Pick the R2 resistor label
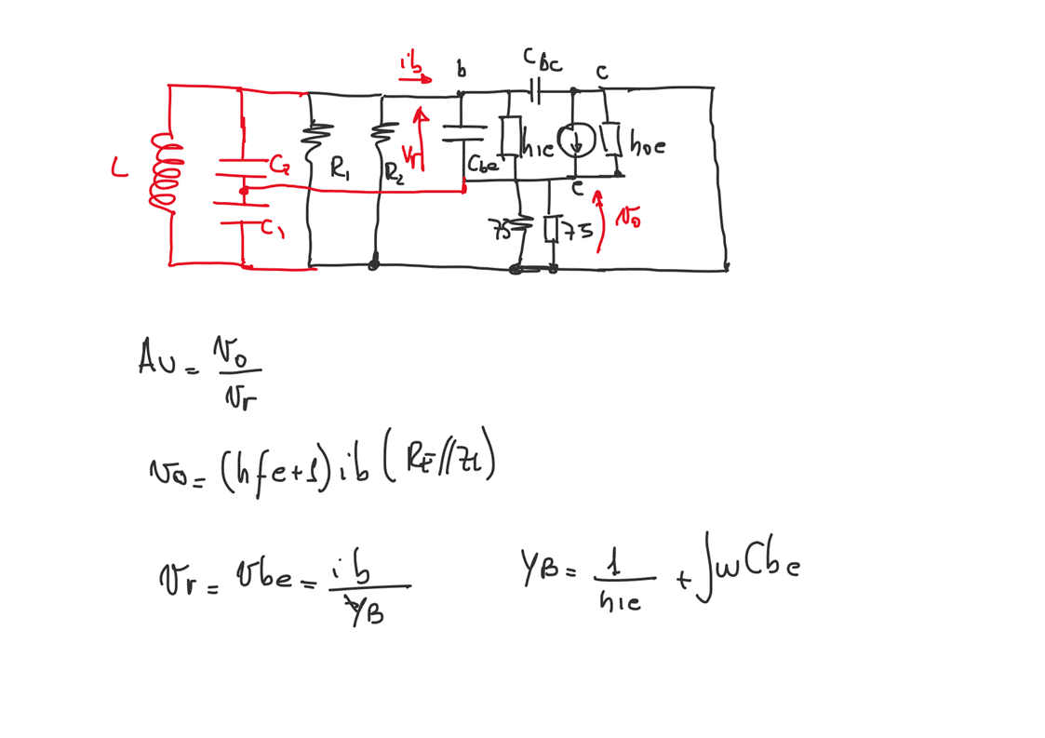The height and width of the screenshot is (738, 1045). (395, 172)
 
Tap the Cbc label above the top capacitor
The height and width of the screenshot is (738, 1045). (542, 60)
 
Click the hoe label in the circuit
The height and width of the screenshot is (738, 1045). (648, 145)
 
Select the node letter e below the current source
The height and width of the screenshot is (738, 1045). (577, 189)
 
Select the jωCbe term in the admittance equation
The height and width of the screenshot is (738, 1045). (749, 569)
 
